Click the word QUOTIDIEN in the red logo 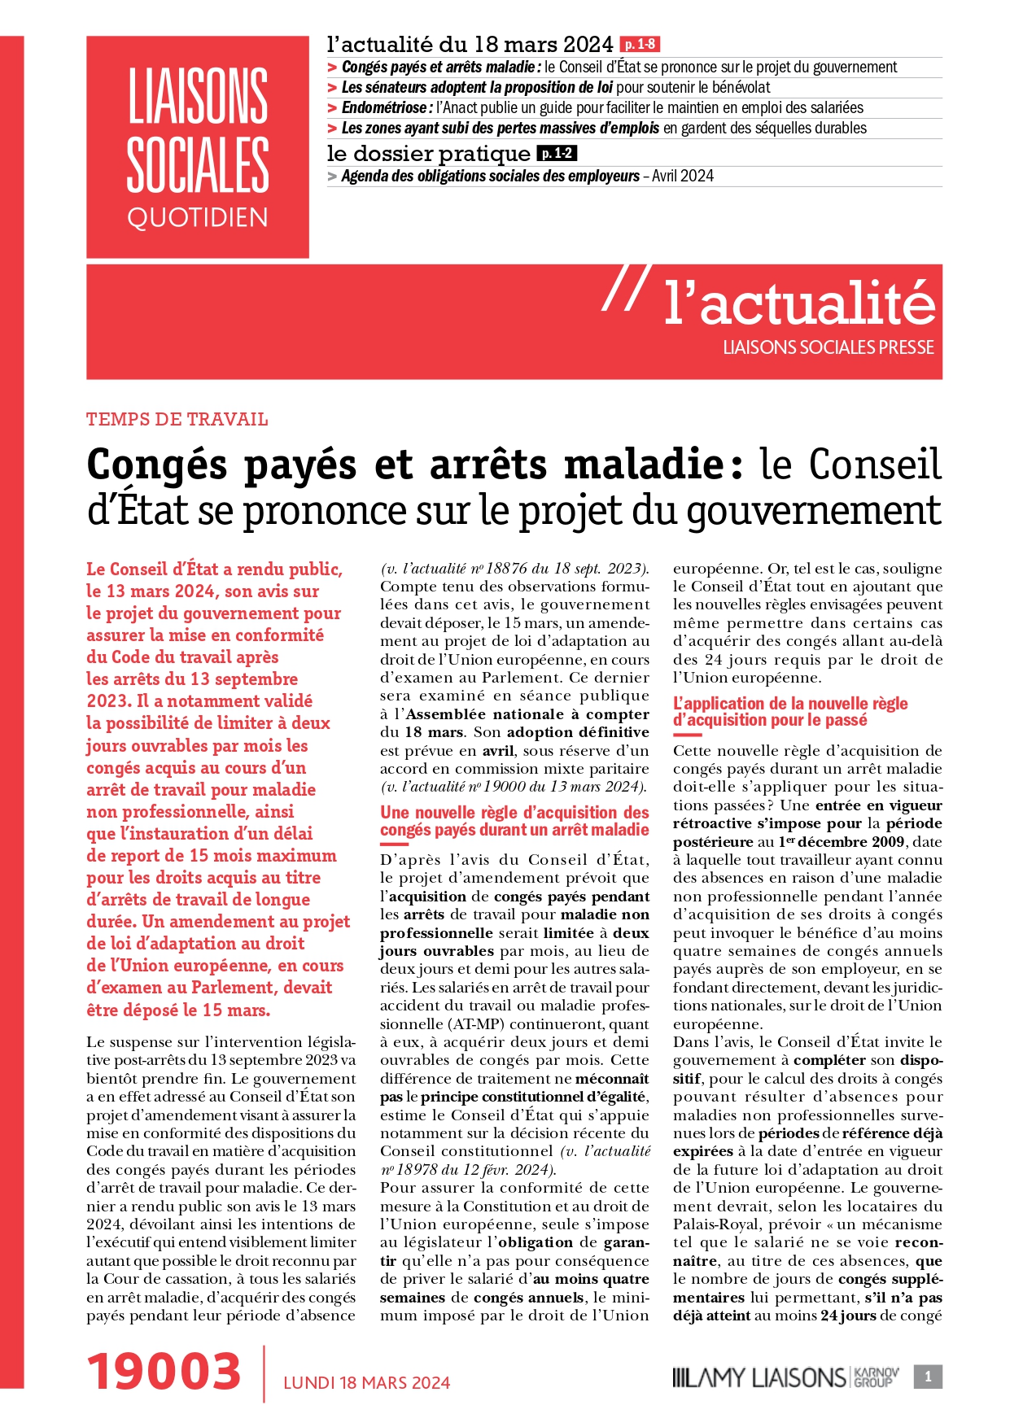(x=198, y=218)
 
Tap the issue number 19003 (x=164, y=1371)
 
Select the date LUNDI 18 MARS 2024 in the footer (x=366, y=1382)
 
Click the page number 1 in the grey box (x=928, y=1377)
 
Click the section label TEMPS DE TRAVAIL (x=177, y=420)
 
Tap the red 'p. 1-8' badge (x=639, y=44)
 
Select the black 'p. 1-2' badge (x=557, y=153)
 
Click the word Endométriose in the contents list (x=384, y=107)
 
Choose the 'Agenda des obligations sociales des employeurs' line (x=491, y=176)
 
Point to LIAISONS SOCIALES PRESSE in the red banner (x=829, y=347)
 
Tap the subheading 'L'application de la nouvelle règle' (x=790, y=703)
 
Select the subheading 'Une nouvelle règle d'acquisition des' (x=514, y=812)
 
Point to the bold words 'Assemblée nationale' (x=484, y=713)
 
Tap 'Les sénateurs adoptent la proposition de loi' (x=477, y=87)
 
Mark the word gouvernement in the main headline (x=814, y=511)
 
